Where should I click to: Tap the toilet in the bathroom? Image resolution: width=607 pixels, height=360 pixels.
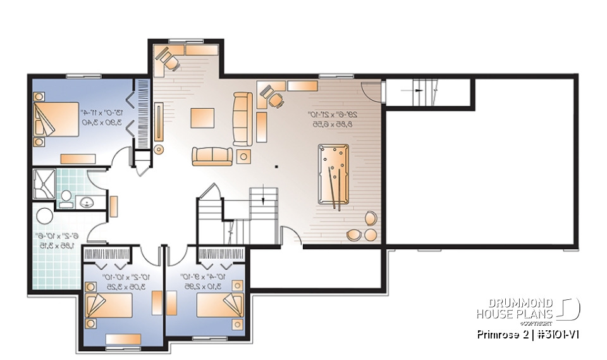pyautogui.click(x=65, y=199)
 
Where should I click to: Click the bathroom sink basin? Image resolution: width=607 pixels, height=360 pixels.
pyautogui.click(x=87, y=202)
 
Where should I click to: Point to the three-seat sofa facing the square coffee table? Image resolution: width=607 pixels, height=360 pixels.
pyautogui.click(x=242, y=118)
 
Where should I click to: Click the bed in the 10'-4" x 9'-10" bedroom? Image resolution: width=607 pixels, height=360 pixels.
pyautogui.click(x=219, y=305)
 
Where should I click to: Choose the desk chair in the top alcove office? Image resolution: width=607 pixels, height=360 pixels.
pyautogui.click(x=169, y=60)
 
